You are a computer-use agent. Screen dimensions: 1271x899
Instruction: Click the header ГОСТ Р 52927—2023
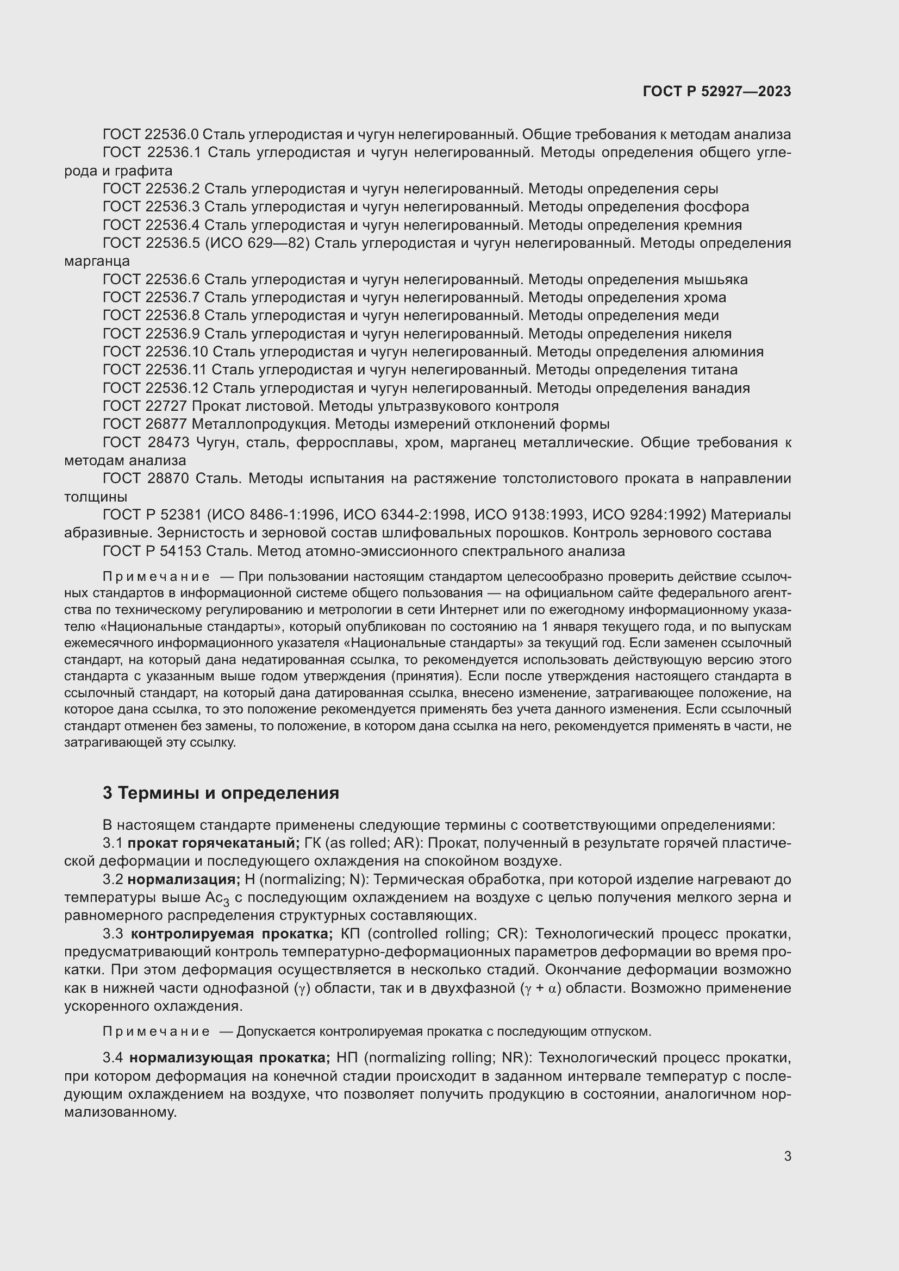coord(716,91)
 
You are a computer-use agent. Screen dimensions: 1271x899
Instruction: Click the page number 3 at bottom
coord(787,1156)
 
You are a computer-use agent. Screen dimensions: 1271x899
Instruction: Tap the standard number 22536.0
coord(172,135)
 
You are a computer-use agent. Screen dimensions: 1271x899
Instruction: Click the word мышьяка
coord(715,279)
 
